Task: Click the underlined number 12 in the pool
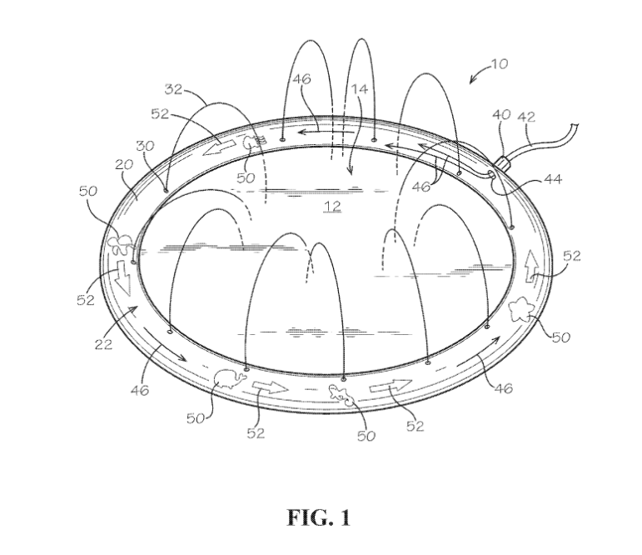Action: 332,205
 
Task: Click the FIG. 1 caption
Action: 319,517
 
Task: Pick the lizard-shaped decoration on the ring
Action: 344,395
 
